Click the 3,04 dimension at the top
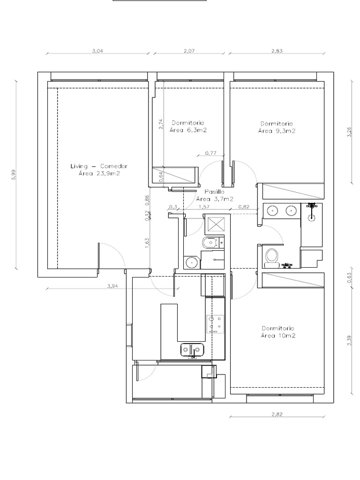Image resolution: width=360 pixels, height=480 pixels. click(99, 50)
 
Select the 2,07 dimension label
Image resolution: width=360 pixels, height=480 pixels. click(189, 50)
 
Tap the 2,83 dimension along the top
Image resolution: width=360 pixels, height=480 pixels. click(277, 50)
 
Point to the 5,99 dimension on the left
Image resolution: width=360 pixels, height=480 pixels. click(14, 174)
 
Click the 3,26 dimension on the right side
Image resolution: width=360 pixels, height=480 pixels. click(349, 133)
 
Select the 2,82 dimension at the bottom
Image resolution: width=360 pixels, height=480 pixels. click(278, 414)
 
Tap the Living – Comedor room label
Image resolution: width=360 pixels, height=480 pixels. click(99, 166)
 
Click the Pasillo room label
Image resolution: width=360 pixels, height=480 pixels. click(215, 192)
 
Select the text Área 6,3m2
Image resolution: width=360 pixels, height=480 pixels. click(188, 130)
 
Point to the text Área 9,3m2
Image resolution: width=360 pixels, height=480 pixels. click(277, 131)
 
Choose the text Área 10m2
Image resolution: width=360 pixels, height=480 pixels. click(278, 336)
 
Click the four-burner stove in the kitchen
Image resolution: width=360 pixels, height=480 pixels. click(215, 323)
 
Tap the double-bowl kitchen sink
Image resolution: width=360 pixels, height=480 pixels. click(192, 349)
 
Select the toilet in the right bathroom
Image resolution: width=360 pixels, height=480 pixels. click(271, 256)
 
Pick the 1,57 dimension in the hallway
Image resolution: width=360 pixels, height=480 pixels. click(203, 207)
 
